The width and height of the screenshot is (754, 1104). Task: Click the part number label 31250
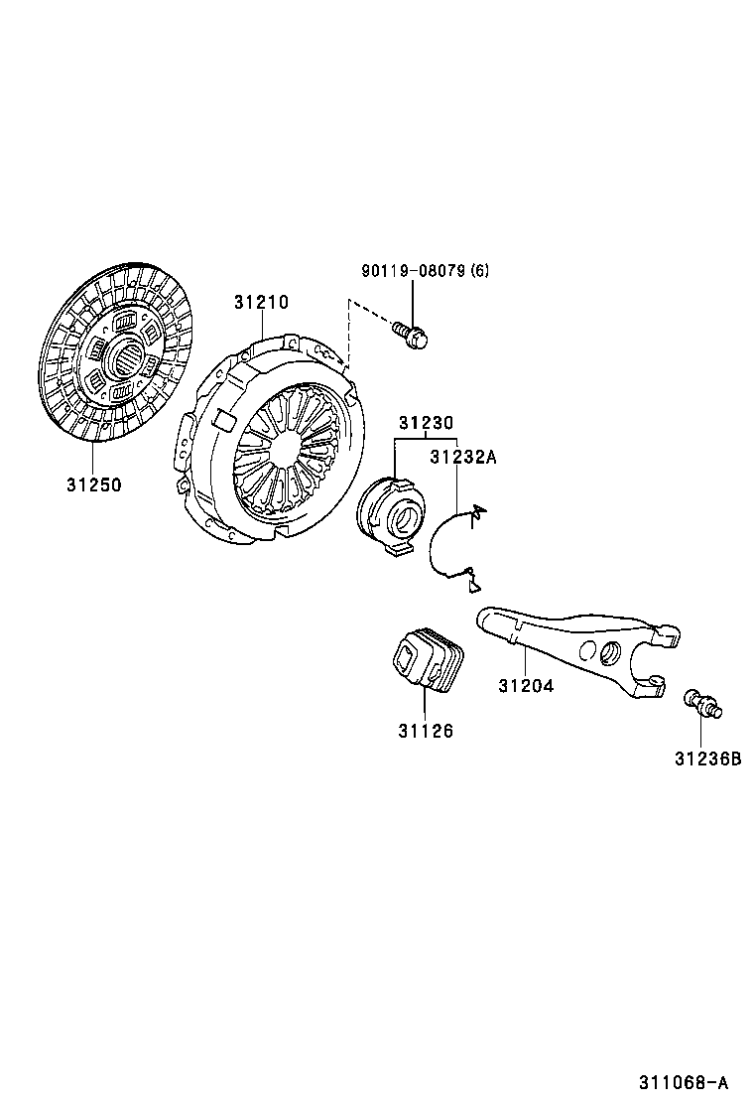pos(94,485)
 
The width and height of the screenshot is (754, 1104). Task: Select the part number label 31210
pos(262,302)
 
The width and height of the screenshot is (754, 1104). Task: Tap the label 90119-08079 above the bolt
pos(414,270)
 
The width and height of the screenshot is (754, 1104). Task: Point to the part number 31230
pos(427,423)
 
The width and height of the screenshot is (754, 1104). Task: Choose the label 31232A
pos(463,457)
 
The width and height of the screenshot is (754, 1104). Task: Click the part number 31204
pos(526,685)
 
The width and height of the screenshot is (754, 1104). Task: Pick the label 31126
pos(427,732)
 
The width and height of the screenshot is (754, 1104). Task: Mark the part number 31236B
pos(708,759)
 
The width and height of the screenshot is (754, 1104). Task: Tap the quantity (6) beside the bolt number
pos(480,270)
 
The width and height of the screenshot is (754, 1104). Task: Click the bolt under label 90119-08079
pos(411,335)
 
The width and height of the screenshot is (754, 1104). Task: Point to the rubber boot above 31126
pos(427,660)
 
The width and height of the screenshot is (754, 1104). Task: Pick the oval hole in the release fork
pos(609,652)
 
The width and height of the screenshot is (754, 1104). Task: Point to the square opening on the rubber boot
pos(407,660)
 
